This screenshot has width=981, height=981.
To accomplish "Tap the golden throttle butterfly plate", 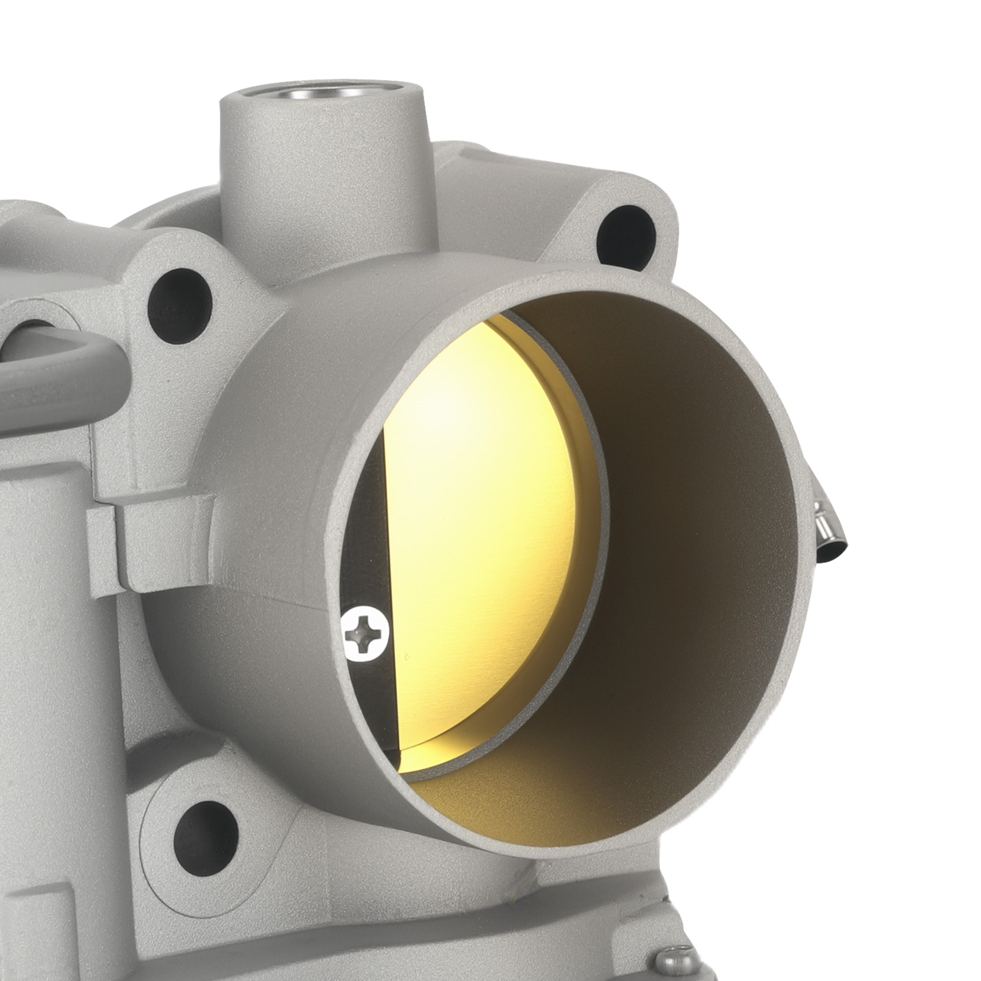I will pos(484,521).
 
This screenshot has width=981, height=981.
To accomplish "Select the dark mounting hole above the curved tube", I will pos(179,305).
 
